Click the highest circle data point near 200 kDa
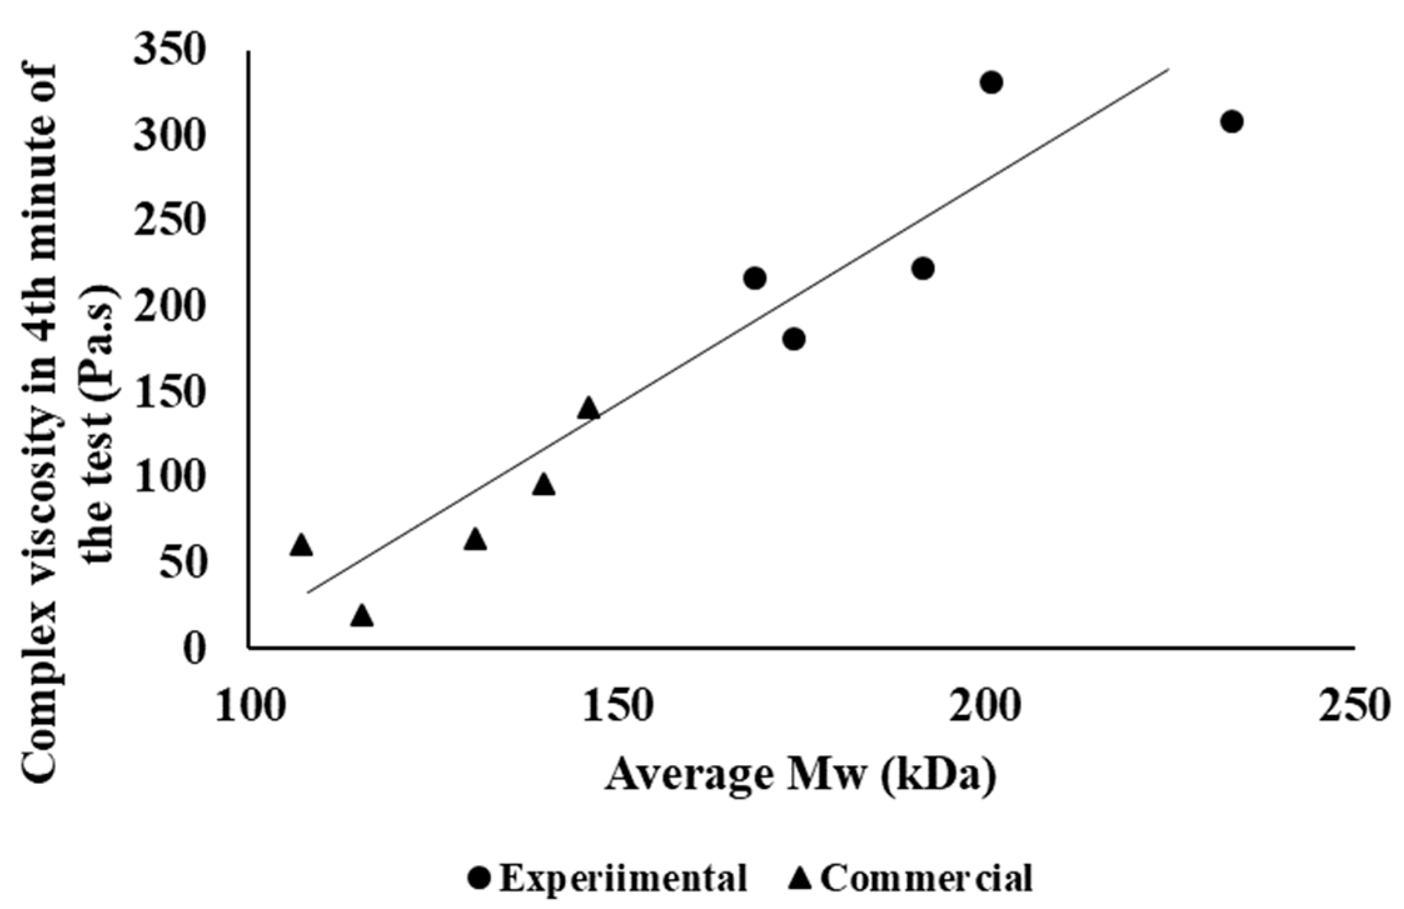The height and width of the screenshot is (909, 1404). click(x=991, y=83)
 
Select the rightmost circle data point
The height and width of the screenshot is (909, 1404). click(x=1231, y=121)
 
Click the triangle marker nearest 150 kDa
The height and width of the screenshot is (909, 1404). click(x=588, y=408)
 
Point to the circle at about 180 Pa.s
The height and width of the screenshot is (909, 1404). click(x=794, y=339)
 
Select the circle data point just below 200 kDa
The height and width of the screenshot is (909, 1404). click(x=922, y=268)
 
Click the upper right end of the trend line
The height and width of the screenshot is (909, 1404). click(x=1167, y=70)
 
